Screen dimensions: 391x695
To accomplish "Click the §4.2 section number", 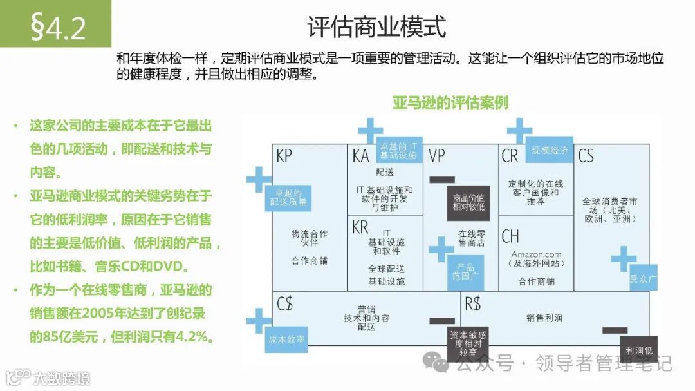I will [x=59, y=28].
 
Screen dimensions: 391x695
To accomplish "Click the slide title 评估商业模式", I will [x=376, y=28].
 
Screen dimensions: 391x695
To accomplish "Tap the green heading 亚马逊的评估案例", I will [x=450, y=102].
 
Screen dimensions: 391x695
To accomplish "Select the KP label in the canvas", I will [x=284, y=156].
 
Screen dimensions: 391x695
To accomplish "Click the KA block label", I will [x=360, y=156].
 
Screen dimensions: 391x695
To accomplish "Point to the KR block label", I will [x=360, y=227].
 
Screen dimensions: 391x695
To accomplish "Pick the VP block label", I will [x=437, y=156].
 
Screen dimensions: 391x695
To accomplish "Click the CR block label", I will [x=510, y=156].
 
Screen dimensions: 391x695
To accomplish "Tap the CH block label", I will [x=510, y=236].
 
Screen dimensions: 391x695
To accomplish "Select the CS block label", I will [x=586, y=156].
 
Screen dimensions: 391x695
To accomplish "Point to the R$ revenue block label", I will [x=472, y=303].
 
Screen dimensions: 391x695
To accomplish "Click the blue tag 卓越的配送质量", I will [x=288, y=198].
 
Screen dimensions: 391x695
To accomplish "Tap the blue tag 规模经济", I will [x=549, y=151].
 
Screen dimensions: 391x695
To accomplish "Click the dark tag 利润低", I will [x=638, y=350].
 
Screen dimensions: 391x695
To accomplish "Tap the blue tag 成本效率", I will [x=286, y=339].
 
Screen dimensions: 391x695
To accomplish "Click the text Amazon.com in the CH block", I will [x=536, y=254].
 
